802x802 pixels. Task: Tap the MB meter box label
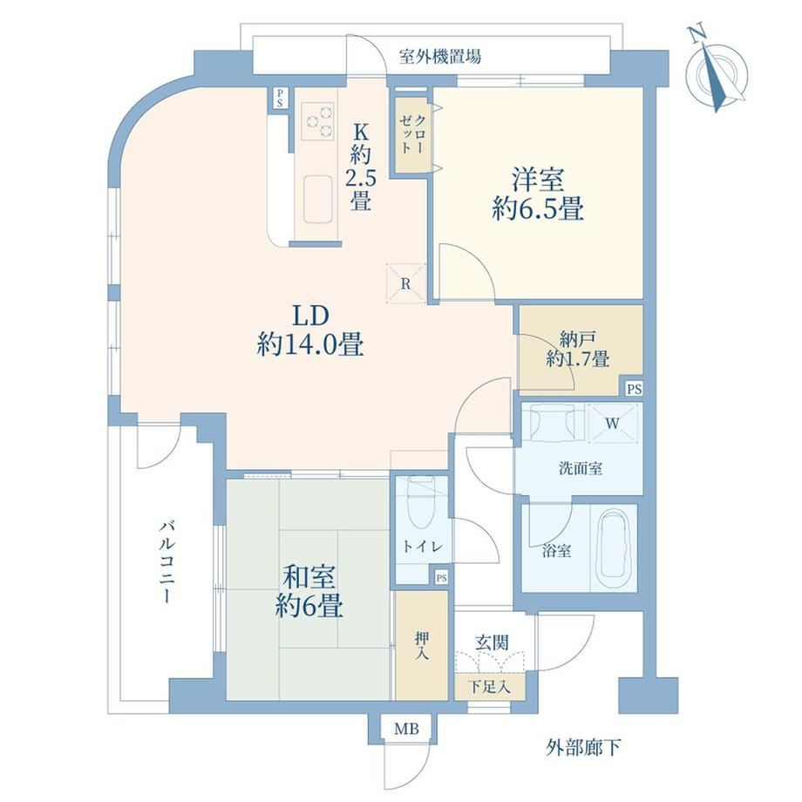coord(406,729)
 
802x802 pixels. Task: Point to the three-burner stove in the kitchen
coord(317,120)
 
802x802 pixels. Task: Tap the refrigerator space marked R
coord(405,284)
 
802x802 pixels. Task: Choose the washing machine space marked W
coord(613,423)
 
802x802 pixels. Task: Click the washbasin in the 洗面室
coord(552,423)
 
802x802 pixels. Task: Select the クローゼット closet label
coord(412,134)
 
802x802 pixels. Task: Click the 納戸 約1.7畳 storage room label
coord(577,350)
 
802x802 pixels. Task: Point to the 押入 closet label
coord(421,645)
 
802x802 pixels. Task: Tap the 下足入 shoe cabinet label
coord(490,687)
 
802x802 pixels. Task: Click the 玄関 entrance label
coord(492,643)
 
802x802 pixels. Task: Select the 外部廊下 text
coord(583,748)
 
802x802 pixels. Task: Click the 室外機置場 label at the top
coord(440,56)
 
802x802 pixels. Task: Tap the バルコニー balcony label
coord(166,561)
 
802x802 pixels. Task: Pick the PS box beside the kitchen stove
coord(281,99)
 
